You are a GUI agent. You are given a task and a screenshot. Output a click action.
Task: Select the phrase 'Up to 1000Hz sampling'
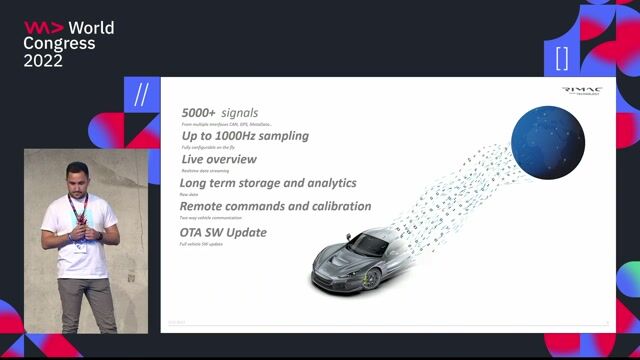click(x=245, y=136)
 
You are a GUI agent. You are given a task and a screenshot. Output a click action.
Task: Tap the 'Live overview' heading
click(x=219, y=159)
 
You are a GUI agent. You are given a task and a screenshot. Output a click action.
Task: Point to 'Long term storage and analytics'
click(x=268, y=183)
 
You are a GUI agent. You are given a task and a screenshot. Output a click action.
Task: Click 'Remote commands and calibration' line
click(x=275, y=206)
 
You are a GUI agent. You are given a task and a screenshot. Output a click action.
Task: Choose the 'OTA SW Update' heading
click(x=224, y=233)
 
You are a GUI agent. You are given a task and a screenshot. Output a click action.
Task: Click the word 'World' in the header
click(x=92, y=28)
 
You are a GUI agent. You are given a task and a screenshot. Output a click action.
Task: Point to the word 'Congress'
click(x=60, y=44)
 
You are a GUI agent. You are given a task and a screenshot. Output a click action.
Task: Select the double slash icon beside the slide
click(x=142, y=95)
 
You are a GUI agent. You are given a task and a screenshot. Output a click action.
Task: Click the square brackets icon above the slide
click(x=562, y=57)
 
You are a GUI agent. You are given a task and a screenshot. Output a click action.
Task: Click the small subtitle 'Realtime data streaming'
click(x=206, y=170)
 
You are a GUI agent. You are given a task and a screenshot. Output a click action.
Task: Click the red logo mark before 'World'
click(x=44, y=28)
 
